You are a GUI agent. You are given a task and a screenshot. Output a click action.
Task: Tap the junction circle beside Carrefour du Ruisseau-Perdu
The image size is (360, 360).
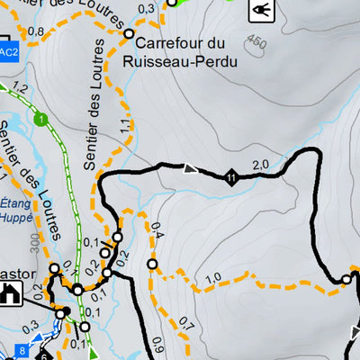[x=129, y=33]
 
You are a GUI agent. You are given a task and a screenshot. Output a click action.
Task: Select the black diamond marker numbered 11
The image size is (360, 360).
[x=231, y=176]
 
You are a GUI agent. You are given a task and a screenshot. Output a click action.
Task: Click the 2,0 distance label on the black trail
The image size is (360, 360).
[x=261, y=165]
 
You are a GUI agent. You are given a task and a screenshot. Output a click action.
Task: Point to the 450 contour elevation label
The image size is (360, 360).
[x=257, y=41]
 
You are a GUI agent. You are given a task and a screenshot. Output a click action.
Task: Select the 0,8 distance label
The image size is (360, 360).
[x=35, y=31]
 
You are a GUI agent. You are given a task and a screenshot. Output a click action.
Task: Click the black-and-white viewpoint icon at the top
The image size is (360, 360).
[x=262, y=11]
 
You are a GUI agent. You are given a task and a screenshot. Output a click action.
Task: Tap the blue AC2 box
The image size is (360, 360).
[x=8, y=53]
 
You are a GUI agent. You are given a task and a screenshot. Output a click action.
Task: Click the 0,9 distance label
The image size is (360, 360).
[x=157, y=343]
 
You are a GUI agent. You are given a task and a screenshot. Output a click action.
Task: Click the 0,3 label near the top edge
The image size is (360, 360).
[x=147, y=8]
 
